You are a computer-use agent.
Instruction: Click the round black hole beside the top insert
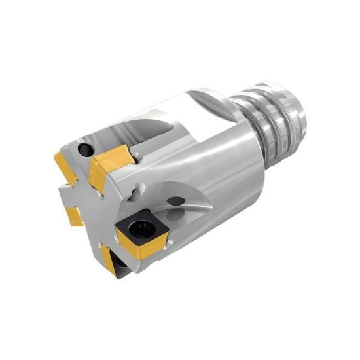click(84, 150)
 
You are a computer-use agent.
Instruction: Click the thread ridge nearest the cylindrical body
click(249, 115)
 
